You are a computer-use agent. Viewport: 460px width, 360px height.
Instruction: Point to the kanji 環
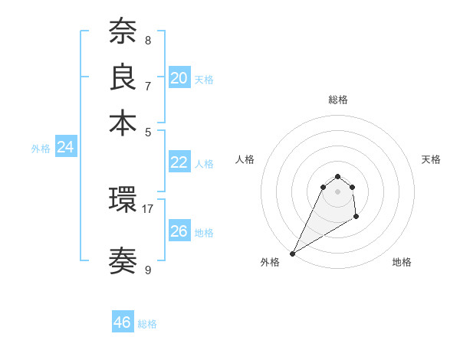pyautogui.click(x=123, y=201)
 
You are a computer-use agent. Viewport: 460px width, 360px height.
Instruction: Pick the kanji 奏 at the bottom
pyautogui.click(x=123, y=261)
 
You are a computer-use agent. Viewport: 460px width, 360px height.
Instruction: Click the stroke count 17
pyautogui.click(x=148, y=208)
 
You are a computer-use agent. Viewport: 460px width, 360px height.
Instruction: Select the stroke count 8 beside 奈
pyautogui.click(x=148, y=40)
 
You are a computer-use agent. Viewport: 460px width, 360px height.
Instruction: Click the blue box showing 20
pyautogui.click(x=179, y=78)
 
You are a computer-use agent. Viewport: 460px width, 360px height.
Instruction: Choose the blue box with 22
pyautogui.click(x=179, y=162)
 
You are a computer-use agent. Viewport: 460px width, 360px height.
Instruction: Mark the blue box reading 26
pyautogui.click(x=179, y=231)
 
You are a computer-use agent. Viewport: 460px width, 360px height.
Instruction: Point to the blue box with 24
pyautogui.click(x=65, y=148)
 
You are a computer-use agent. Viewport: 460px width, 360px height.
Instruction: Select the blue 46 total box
pyautogui.click(x=123, y=322)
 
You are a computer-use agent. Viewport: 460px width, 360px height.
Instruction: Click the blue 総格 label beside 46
pyautogui.click(x=147, y=324)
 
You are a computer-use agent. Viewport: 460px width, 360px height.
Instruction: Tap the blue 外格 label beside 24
pyautogui.click(x=41, y=149)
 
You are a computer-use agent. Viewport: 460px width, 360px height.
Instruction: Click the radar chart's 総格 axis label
pyautogui.click(x=337, y=100)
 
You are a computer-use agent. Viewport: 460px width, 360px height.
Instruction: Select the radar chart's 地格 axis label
pyautogui.click(x=402, y=262)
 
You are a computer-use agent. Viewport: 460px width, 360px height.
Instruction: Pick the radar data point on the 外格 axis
pyautogui.click(x=292, y=254)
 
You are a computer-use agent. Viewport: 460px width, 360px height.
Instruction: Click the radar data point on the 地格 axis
pyautogui.click(x=356, y=218)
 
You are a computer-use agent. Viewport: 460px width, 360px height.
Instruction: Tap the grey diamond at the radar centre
pyautogui.click(x=337, y=191)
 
